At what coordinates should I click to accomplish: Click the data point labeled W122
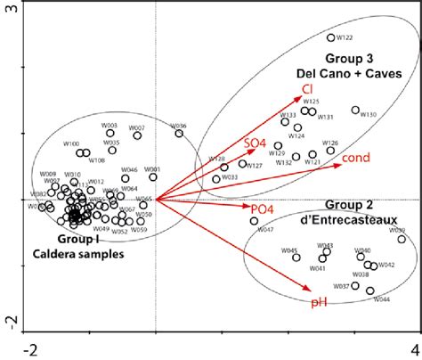tap(331, 37)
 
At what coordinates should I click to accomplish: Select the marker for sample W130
tap(355, 110)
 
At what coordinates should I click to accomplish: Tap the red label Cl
tap(306, 88)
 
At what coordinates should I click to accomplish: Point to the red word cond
tap(357, 158)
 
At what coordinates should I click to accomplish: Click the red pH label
tap(317, 303)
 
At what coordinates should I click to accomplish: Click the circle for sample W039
tap(402, 239)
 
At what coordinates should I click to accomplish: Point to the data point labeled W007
tap(138, 135)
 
